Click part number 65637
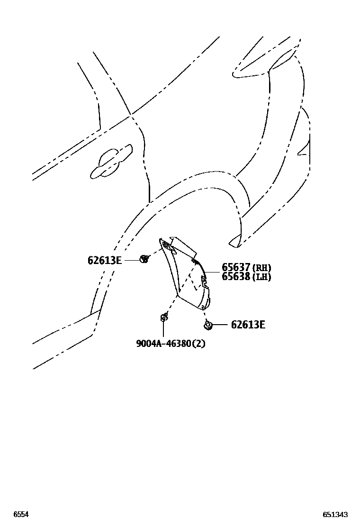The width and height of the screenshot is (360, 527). (236, 267)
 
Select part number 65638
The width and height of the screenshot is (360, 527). (236, 276)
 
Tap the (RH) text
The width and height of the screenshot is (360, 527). (261, 268)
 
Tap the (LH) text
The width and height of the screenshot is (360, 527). (261, 277)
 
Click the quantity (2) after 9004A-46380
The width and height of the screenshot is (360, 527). (199, 344)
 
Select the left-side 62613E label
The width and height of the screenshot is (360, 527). (105, 260)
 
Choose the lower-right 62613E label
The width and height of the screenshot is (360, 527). (248, 325)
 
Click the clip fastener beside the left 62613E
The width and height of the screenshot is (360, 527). (144, 259)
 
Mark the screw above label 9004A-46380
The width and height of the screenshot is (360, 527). (163, 317)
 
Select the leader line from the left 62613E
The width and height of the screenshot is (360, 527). (131, 260)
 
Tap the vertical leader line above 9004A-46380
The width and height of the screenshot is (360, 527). (163, 330)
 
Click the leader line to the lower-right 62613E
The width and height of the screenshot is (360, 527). (220, 325)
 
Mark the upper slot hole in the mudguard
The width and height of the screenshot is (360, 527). (167, 245)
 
